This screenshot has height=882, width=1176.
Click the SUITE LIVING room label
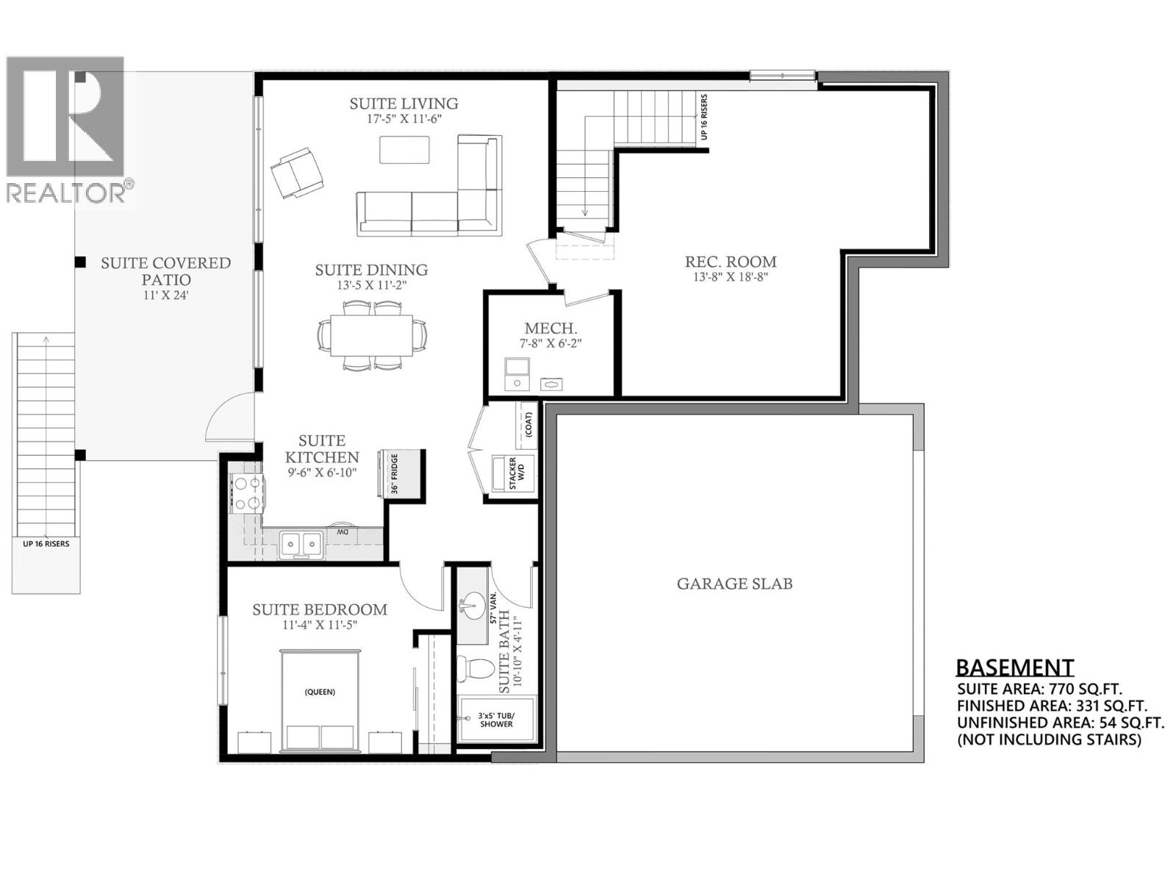click(404, 104)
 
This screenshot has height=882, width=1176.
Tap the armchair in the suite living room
click(296, 172)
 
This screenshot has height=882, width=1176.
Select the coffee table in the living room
click(404, 150)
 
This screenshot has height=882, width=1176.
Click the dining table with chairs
click(371, 336)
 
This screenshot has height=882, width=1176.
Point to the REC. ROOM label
click(731, 262)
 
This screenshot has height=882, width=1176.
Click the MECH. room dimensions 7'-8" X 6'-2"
click(551, 343)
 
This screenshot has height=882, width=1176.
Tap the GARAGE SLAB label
click(734, 584)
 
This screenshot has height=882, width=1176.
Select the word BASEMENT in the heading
click(1014, 667)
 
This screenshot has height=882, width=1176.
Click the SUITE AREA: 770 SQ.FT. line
click(1039, 689)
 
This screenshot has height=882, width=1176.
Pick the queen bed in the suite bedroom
click(320, 702)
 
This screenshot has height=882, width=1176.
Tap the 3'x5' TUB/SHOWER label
click(496, 720)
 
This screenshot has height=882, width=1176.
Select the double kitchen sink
click(302, 545)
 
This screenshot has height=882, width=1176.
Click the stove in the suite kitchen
click(247, 492)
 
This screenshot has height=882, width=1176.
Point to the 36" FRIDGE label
click(394, 474)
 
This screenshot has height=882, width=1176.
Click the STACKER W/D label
click(517, 474)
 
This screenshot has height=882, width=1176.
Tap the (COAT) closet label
click(528, 424)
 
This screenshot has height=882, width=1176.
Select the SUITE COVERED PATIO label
click(166, 271)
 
